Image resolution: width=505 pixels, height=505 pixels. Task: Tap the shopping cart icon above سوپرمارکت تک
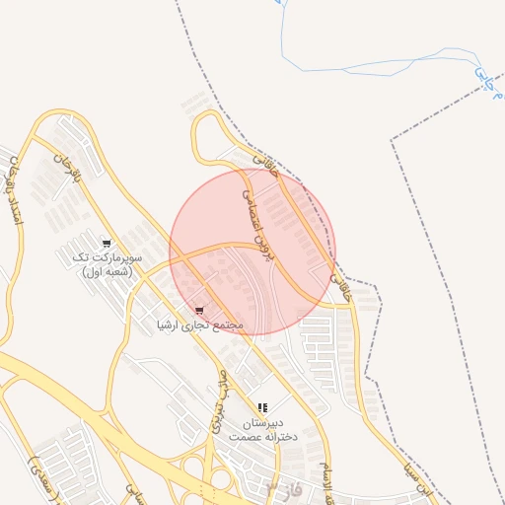[107, 243]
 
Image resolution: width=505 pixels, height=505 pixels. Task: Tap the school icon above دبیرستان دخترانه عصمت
[262, 406]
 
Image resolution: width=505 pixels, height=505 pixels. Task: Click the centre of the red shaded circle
[252, 252]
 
